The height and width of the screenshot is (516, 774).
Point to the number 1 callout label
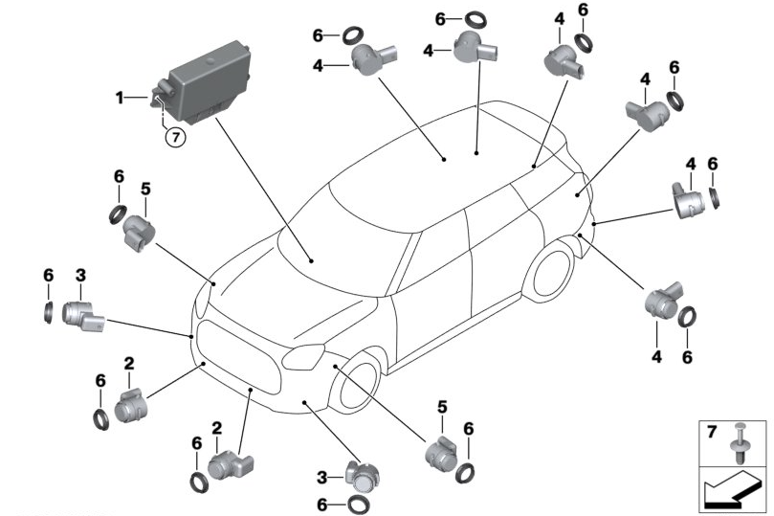(x=120, y=97)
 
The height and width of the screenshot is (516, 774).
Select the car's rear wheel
(x=549, y=273)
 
